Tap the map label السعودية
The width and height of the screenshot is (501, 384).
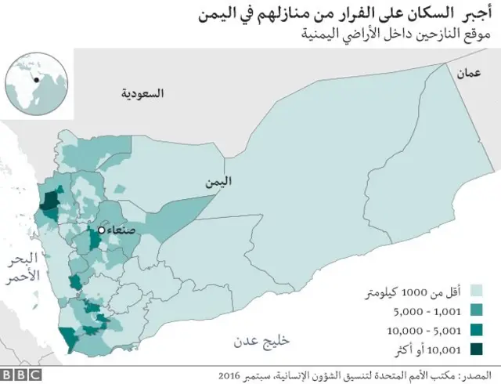tap(143, 93)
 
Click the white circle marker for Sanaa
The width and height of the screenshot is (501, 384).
tap(102, 230)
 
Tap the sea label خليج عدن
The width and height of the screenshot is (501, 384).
tap(261, 341)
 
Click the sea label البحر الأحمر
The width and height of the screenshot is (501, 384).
tap(20, 268)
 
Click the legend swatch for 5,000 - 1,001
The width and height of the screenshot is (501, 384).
tap(475, 312)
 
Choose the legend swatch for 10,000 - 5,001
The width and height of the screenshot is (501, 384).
tap(475, 330)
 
